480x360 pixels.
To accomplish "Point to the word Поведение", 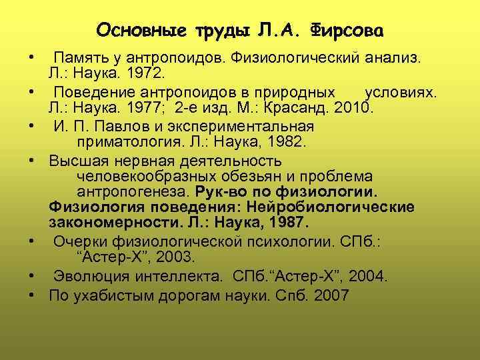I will tap(93, 91).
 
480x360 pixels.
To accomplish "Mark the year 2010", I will tap(356, 107).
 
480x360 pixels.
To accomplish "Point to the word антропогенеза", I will tap(135, 192).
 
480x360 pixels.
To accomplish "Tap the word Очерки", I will tap(79, 240).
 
